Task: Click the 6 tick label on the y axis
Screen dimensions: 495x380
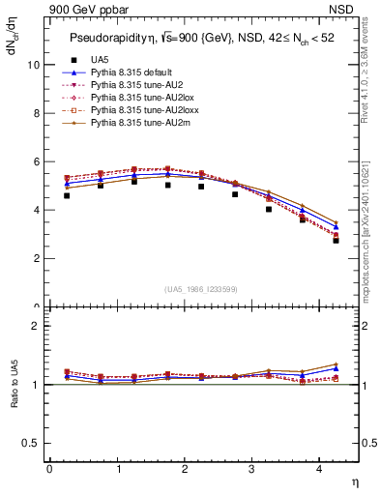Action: pos(36,161)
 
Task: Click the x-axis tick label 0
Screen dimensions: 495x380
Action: pos(49,469)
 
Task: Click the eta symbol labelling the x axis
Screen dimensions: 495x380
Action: pos(355,480)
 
